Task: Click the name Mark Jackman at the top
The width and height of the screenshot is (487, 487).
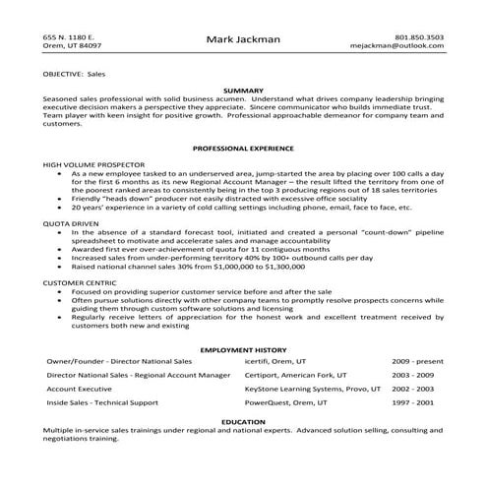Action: coord(243,39)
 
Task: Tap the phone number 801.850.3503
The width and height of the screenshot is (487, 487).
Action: coord(420,35)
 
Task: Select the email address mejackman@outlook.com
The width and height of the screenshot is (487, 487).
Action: coord(404,45)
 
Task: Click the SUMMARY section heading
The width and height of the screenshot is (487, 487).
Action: coord(243,90)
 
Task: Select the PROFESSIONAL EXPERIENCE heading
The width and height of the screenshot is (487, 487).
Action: coord(243,148)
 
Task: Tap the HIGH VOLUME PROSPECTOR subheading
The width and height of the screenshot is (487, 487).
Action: coord(93,162)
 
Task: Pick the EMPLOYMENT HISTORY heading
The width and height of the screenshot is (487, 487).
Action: coord(243,349)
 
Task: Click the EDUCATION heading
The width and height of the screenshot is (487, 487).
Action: coord(243,421)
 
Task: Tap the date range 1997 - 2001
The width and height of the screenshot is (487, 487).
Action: coord(413,401)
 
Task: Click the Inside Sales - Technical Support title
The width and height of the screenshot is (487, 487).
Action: coord(104,401)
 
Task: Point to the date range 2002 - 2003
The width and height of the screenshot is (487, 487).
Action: coord(413,389)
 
